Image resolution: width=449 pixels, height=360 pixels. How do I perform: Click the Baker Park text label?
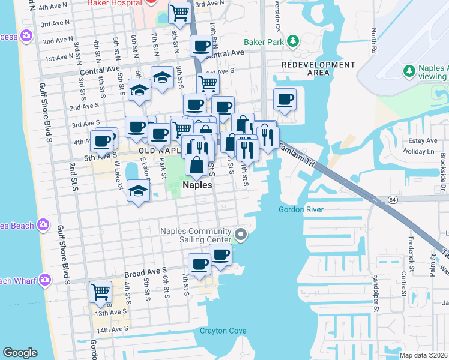click(262, 42)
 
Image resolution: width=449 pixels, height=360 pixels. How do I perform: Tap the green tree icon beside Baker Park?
click(292, 41)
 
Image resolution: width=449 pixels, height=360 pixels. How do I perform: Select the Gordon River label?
click(301, 209)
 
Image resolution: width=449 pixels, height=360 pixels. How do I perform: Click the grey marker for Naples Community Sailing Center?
click(241, 235)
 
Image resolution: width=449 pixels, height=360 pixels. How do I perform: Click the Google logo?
click(20, 353)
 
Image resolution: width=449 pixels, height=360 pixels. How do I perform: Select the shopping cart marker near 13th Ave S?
click(100, 292)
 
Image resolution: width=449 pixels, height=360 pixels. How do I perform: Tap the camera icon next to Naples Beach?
click(43, 225)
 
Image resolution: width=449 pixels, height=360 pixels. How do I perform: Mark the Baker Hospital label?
click(115, 3)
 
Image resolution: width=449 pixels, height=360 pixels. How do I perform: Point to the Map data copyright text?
click(424, 355)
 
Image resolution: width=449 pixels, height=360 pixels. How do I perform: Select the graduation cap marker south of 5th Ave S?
click(139, 192)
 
